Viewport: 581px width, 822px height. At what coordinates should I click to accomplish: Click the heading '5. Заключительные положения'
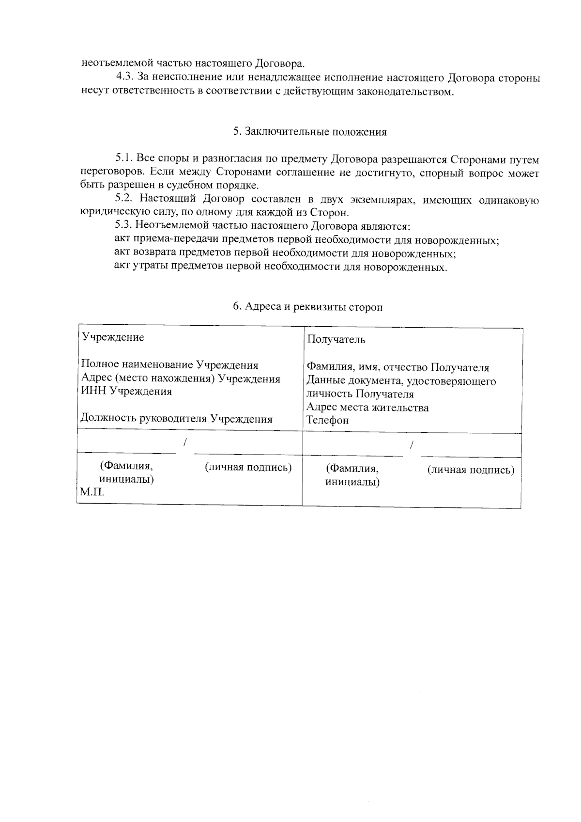[310, 132]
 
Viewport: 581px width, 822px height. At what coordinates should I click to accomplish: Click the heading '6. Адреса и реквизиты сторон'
[307, 307]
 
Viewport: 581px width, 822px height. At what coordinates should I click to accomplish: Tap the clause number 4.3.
[125, 77]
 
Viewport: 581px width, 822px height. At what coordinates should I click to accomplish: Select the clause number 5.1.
[124, 158]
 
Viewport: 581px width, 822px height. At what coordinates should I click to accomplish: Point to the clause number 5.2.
[124, 199]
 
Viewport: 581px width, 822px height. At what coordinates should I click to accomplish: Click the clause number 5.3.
[124, 225]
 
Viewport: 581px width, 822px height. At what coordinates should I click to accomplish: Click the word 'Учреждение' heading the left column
[112, 337]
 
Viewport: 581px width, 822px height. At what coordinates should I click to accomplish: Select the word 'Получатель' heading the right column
[336, 339]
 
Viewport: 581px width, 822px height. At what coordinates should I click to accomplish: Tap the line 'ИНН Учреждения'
[126, 392]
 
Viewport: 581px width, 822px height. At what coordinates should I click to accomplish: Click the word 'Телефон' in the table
[327, 420]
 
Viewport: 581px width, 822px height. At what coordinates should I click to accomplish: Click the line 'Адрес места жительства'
[367, 407]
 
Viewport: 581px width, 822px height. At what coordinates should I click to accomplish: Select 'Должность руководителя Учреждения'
[176, 419]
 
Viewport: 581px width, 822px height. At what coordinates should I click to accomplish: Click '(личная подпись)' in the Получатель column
[471, 470]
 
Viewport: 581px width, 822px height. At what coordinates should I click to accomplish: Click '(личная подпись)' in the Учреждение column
[248, 467]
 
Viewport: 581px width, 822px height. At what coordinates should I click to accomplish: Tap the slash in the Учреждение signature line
[185, 442]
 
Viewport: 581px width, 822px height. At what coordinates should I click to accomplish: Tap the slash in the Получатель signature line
[412, 444]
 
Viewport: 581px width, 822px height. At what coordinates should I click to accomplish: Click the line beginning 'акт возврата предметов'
[285, 253]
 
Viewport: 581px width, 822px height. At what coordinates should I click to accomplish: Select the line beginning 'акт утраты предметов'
[281, 267]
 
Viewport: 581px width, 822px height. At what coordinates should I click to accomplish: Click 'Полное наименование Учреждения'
[169, 365]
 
